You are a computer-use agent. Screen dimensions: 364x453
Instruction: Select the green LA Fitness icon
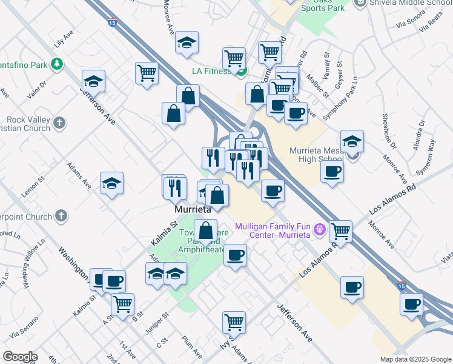click(x=241, y=72)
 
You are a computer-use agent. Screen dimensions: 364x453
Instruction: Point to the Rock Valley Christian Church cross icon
click(x=59, y=123)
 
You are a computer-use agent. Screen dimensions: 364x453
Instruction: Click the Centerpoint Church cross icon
click(x=61, y=215)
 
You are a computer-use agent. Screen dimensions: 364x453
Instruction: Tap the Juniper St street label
click(x=157, y=323)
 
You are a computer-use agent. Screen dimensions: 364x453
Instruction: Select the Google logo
click(x=20, y=357)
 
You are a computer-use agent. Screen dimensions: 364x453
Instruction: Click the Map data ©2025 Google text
click(x=415, y=359)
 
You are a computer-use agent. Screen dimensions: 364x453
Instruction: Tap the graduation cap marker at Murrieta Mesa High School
click(x=352, y=142)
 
